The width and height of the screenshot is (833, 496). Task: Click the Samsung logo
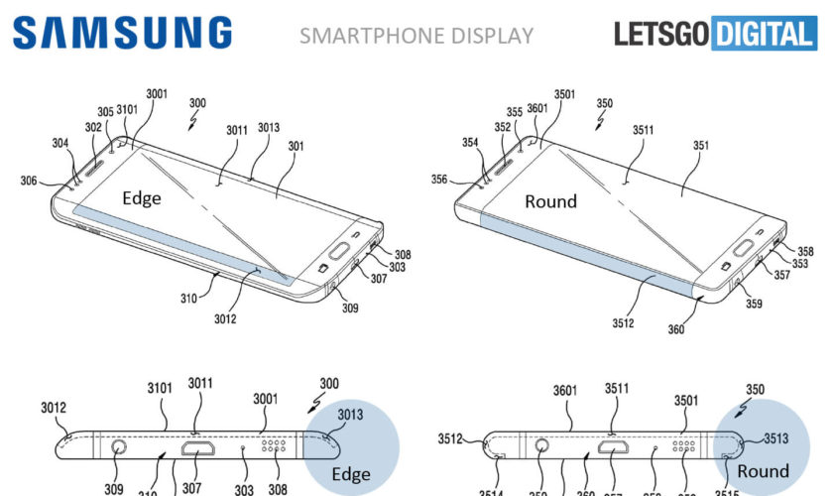point(123,33)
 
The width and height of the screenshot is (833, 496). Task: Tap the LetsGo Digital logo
point(713,35)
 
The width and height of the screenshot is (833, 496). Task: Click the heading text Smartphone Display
point(416,37)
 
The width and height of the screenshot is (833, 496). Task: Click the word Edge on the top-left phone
point(141,198)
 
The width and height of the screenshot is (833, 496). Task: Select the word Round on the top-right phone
point(550,201)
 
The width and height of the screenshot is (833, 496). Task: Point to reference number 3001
point(156,93)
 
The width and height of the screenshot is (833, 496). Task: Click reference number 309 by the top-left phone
point(348,309)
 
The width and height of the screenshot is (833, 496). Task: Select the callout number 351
point(701,146)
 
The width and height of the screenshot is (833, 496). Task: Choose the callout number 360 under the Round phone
point(675,329)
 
